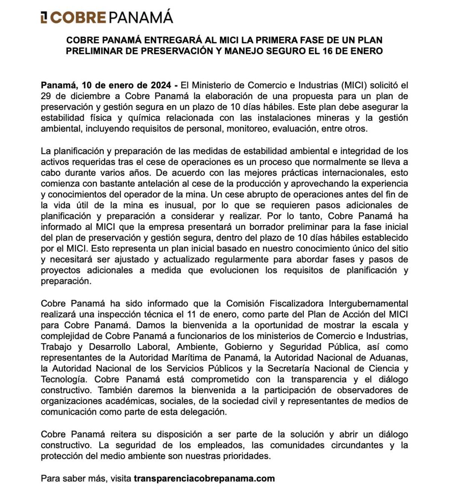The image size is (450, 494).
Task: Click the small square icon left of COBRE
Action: click(x=44, y=17)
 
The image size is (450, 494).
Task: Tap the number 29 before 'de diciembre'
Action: click(x=46, y=96)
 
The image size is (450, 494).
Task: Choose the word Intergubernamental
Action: click(x=368, y=303)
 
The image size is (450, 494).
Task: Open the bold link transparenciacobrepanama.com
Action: click(x=204, y=478)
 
